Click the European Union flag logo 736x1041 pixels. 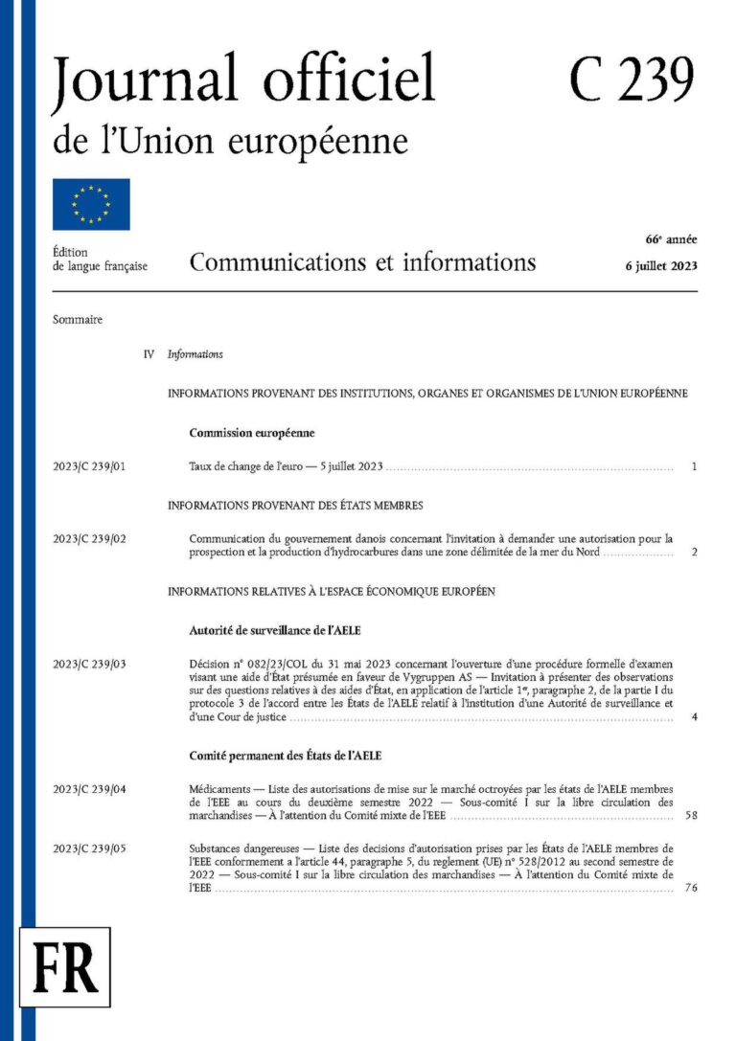click(91, 204)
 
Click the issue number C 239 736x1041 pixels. click(631, 79)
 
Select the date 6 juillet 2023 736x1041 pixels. click(660, 265)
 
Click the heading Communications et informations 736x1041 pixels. click(362, 261)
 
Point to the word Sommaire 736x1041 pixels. click(78, 320)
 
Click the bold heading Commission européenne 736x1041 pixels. click(251, 433)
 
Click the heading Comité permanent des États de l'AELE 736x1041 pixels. click(286, 756)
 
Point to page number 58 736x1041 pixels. click(692, 817)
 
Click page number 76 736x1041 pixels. click(692, 889)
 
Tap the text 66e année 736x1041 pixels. click(671, 238)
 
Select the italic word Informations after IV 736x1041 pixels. click(195, 354)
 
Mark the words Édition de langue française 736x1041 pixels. click(100, 259)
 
